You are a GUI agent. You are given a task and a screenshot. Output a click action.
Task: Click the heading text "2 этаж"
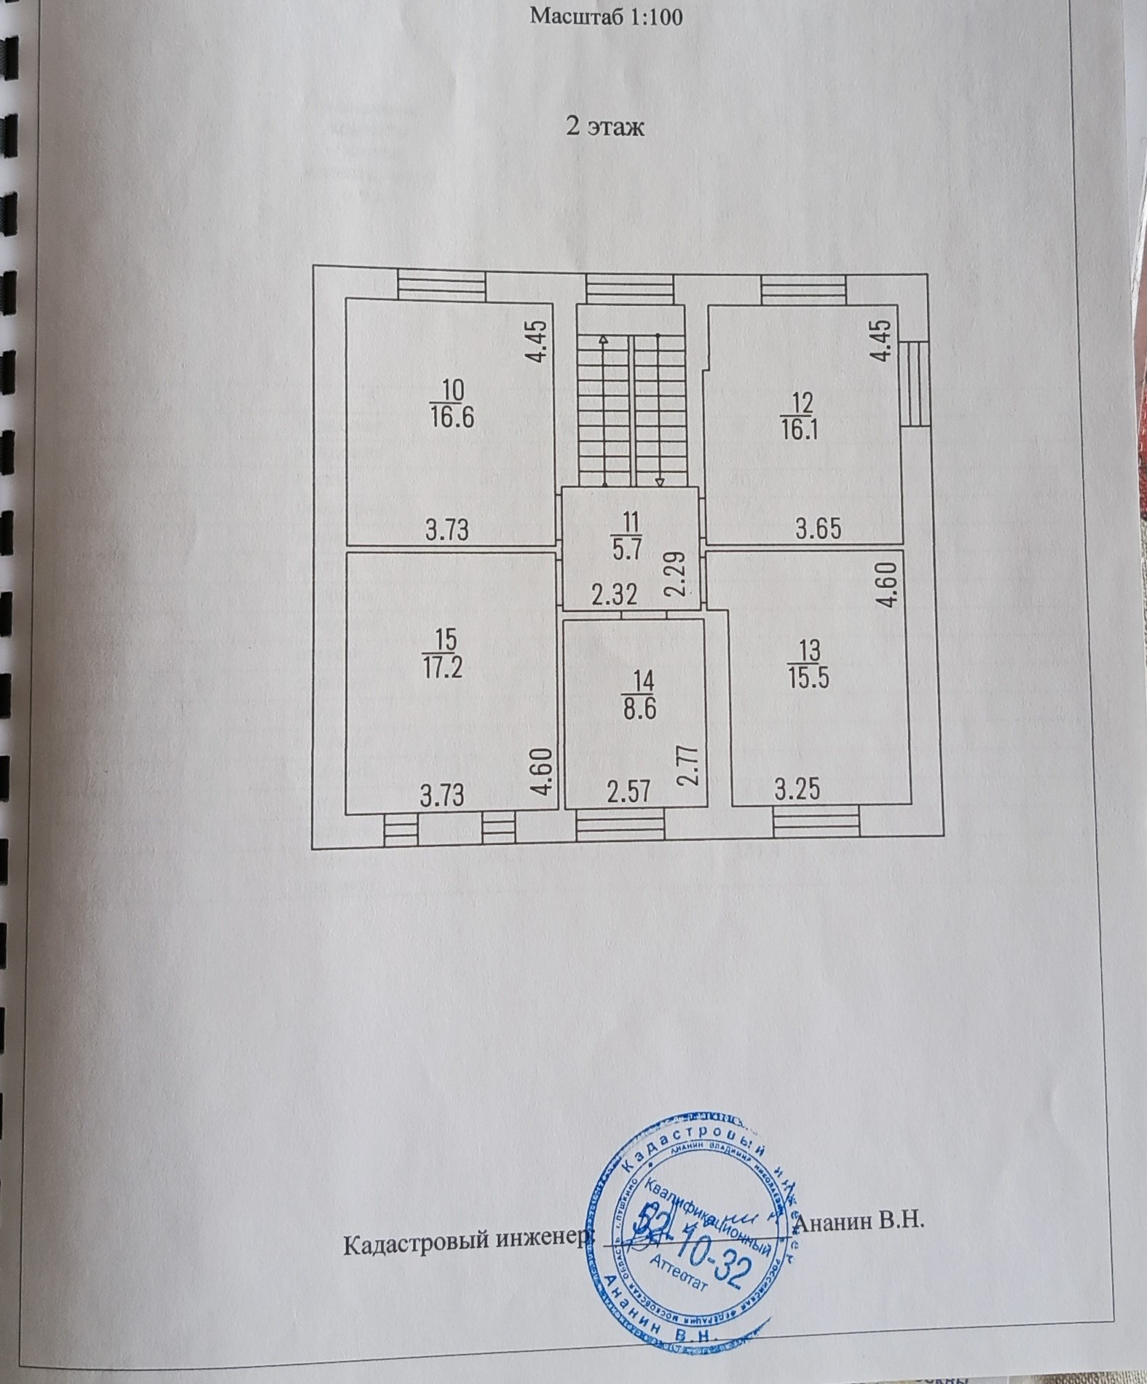coord(605,127)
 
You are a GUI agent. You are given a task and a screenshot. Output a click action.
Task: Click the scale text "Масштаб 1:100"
coord(606,16)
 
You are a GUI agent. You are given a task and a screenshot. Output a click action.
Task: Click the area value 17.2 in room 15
coord(442,668)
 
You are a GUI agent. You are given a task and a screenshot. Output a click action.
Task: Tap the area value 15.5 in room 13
coord(808,677)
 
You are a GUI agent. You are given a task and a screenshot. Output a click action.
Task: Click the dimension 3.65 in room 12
coord(819,527)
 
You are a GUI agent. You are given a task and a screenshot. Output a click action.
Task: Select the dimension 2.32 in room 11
coord(614,595)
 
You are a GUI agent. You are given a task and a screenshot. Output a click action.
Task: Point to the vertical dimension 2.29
coord(676,575)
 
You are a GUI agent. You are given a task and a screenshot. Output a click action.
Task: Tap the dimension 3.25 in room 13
coord(797,789)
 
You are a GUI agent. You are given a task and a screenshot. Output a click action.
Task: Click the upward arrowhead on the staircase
coord(603,339)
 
